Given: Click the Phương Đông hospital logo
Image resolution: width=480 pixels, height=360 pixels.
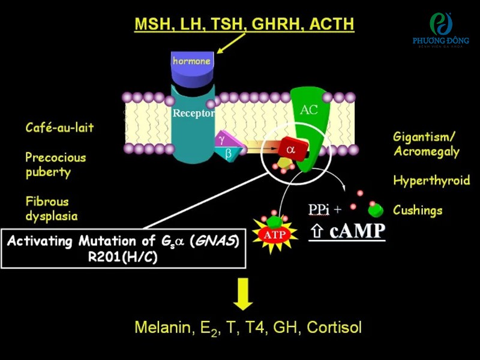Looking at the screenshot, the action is pos(440,30).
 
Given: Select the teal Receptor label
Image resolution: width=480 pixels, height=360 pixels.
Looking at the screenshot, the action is pos(193,113).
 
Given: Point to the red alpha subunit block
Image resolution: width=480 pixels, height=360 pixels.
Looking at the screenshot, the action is pos(292,149).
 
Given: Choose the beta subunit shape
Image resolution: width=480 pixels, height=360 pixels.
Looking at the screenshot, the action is pos(229,153).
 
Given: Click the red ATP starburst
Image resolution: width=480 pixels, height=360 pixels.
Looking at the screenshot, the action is pos(275,235).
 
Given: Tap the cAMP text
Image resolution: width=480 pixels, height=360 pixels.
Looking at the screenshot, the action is pos(357,231).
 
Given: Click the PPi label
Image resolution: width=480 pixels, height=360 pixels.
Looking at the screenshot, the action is pos(319,209).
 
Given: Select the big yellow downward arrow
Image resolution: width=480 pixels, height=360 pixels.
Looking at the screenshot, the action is pos(243,294).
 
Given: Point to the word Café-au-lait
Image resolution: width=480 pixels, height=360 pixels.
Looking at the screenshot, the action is pos(59,127).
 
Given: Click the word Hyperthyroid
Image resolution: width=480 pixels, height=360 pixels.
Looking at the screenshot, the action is pos(431,181).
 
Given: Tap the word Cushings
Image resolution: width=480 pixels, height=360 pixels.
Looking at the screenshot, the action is pos(418,211).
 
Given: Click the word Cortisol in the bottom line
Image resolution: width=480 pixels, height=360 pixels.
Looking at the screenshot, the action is pos(334,327).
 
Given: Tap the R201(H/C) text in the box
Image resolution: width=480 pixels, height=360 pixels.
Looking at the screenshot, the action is pos(123,257).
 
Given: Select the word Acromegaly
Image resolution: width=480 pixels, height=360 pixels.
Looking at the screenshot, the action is pos(427,152).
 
